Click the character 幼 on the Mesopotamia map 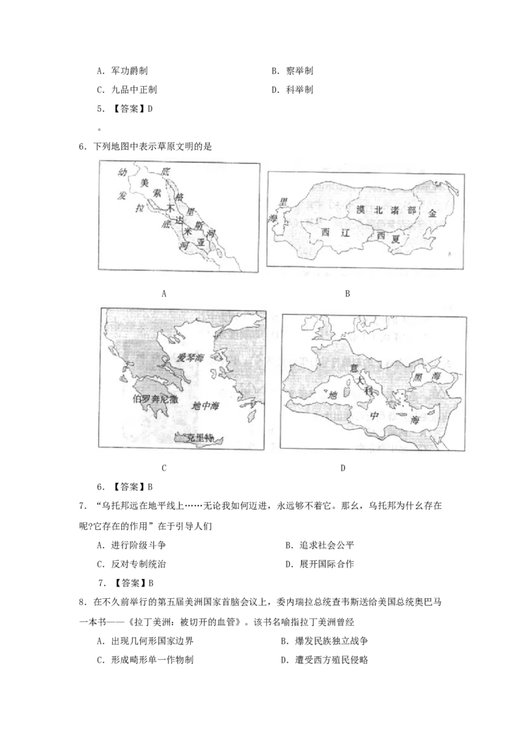(x=121, y=173)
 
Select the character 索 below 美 (x=157, y=193)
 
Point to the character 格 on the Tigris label (x=180, y=197)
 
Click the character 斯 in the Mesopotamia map (x=199, y=225)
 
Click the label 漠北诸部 (x=386, y=210)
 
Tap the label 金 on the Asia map (x=432, y=212)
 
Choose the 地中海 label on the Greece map (x=206, y=406)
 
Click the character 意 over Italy (x=354, y=369)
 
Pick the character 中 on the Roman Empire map (x=374, y=414)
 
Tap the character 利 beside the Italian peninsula (x=368, y=390)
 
